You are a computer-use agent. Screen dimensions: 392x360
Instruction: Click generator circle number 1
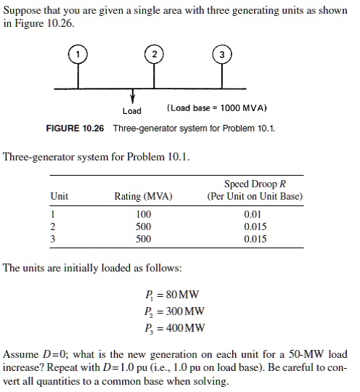pos(79,55)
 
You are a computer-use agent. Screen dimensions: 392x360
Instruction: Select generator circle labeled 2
pos(154,55)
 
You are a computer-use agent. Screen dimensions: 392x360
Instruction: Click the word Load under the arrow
pos(132,111)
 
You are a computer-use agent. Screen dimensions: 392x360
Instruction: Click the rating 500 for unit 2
pos(144,226)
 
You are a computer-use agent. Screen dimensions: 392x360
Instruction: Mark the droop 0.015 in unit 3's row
pos(255,237)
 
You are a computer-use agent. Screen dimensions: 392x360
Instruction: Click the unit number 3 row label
pos(53,237)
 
